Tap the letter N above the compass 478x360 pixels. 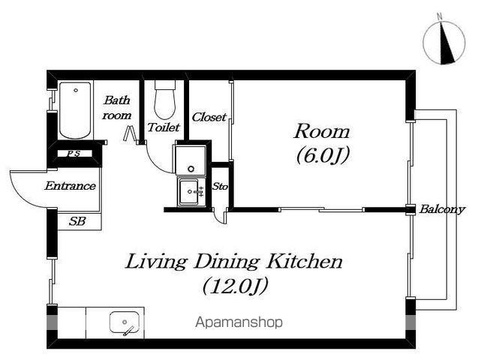[x=440, y=16]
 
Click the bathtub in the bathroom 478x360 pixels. [x=75, y=110]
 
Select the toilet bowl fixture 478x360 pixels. [x=165, y=100]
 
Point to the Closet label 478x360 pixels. [x=209, y=117]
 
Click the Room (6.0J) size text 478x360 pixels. [x=323, y=155]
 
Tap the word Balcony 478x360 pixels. [x=442, y=209]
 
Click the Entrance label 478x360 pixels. [x=70, y=186]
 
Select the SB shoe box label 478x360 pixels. [x=77, y=221]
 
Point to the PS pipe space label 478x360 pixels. [x=74, y=154]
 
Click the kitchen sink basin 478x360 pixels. [x=125, y=322]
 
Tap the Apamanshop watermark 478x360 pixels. [x=239, y=322]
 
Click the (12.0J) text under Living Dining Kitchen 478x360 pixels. [x=236, y=286]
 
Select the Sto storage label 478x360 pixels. [x=220, y=186]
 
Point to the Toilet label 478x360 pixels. [x=164, y=127]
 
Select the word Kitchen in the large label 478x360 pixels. [x=305, y=262]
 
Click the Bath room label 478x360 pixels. [x=117, y=108]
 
